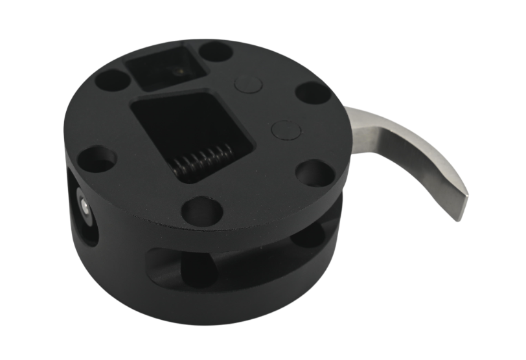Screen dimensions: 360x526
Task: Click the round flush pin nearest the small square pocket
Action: point(246,84)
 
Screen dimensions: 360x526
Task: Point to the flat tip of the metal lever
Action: point(461,205)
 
